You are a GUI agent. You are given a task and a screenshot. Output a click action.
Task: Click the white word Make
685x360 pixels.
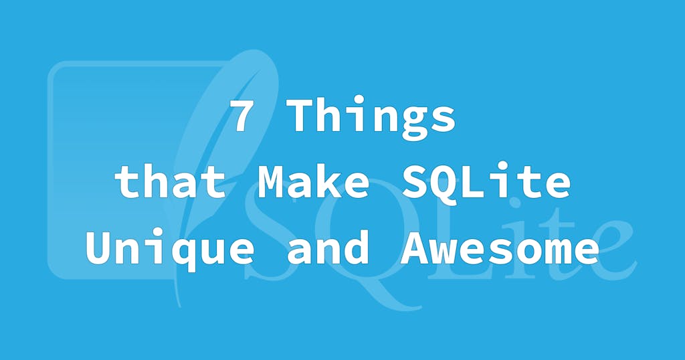[x=314, y=182]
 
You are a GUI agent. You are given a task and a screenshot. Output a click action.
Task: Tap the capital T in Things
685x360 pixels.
[x=304, y=116]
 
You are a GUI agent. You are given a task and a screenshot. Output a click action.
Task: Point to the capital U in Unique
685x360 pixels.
[x=100, y=249]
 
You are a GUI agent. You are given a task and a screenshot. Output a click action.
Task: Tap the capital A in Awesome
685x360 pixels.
[x=415, y=249]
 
